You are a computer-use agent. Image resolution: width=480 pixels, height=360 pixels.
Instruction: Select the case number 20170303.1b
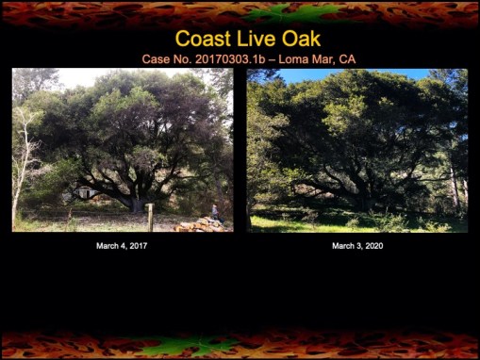pos(235,59)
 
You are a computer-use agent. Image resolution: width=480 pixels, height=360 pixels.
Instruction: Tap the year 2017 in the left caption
pos(137,246)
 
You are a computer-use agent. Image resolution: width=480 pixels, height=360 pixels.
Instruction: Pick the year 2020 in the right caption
pos(372,246)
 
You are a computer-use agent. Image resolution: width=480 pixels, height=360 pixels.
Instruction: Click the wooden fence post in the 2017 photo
pos(149,219)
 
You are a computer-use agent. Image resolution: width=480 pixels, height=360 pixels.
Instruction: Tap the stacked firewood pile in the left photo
pos(199,225)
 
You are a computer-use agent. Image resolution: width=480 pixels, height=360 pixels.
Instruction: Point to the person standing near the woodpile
pos(215,212)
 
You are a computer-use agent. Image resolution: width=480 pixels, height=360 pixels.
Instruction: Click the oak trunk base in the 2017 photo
pos(139,204)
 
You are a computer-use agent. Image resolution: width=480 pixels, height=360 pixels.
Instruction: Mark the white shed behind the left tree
pos(84,192)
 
